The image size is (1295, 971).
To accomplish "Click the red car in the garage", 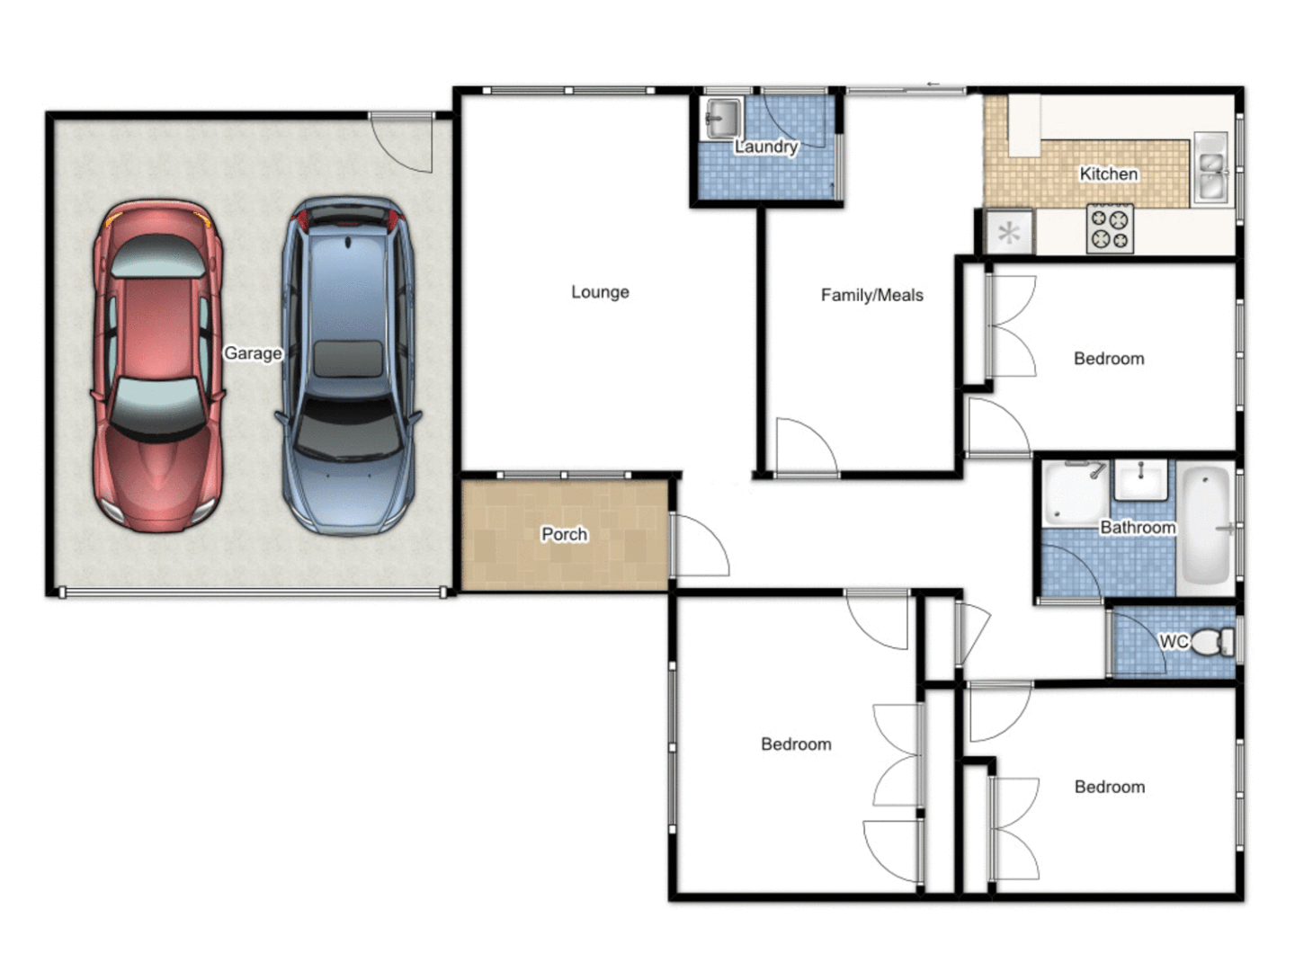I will [x=157, y=364].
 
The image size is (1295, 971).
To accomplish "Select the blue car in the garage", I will [x=348, y=364].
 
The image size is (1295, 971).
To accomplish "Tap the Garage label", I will [x=253, y=353].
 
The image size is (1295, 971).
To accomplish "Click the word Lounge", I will [x=600, y=292].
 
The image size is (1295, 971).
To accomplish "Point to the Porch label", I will [x=564, y=534].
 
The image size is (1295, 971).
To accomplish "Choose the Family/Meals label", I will [x=871, y=295].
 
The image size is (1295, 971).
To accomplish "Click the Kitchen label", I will [x=1108, y=174].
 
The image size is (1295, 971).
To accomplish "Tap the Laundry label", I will [x=766, y=147].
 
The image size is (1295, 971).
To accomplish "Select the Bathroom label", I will [x=1138, y=528].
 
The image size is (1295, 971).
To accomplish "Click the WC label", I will [x=1173, y=641].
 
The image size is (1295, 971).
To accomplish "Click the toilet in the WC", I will [x=1214, y=642].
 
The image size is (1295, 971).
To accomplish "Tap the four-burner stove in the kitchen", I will [x=1110, y=228].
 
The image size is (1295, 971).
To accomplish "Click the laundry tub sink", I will [x=722, y=118].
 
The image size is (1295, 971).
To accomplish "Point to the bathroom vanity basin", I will [x=1140, y=479].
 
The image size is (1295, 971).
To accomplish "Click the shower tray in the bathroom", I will [x=1074, y=493].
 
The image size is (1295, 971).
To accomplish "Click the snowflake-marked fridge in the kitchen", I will [x=1009, y=233].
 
